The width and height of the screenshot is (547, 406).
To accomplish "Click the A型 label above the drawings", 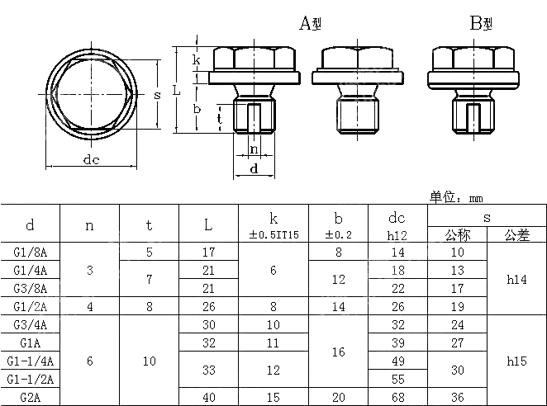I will click(x=310, y=24).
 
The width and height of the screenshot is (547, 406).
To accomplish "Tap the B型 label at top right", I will click(x=481, y=24).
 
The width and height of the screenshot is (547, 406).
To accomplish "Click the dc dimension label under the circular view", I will click(x=91, y=160).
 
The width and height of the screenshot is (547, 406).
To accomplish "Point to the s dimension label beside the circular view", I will click(x=157, y=95).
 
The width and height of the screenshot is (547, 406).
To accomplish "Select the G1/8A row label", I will click(x=31, y=252).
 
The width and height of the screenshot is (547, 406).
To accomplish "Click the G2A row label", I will click(x=31, y=397).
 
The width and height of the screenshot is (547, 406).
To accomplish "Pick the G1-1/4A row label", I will click(x=31, y=361).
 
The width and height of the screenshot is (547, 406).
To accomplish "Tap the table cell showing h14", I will click(x=516, y=279).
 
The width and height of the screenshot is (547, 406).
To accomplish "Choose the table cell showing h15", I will click(x=516, y=361).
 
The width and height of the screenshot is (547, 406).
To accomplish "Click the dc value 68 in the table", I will click(x=397, y=397).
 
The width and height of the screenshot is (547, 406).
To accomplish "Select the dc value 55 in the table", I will click(x=397, y=379).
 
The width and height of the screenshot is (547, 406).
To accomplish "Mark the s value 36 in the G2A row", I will click(x=457, y=397).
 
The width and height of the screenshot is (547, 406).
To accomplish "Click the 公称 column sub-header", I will click(x=457, y=235).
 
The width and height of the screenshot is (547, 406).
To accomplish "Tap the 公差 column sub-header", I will click(x=516, y=235).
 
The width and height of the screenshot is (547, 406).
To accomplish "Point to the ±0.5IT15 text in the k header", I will click(x=273, y=235).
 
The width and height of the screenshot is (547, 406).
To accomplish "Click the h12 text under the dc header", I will click(x=397, y=235).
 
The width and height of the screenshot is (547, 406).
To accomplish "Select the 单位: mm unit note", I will click(x=455, y=197).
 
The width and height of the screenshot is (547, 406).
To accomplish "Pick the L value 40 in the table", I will click(x=208, y=397).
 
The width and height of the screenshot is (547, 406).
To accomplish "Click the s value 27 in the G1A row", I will click(x=457, y=342).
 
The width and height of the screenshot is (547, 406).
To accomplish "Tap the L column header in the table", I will click(x=208, y=224).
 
